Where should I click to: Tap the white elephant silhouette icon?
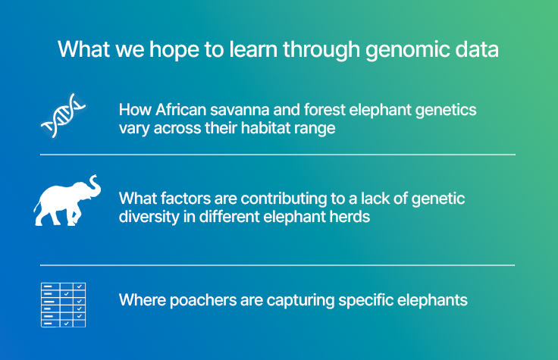[x=67, y=200]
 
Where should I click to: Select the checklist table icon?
[x=63, y=304]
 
